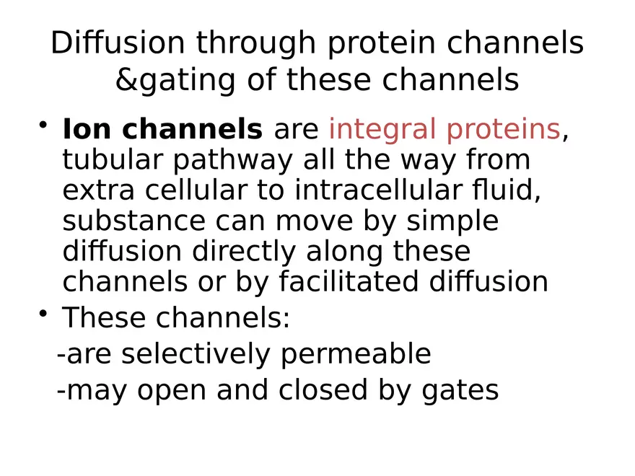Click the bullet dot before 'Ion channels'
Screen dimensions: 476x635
(x=44, y=127)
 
